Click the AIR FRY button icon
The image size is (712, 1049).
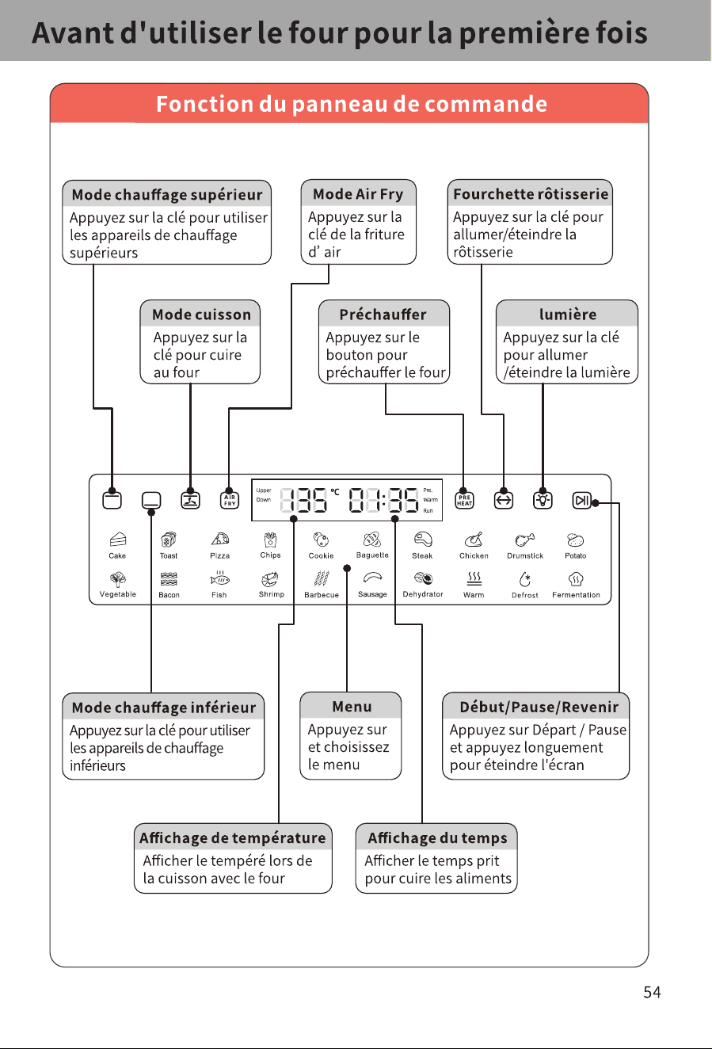230,500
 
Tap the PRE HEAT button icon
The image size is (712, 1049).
464,500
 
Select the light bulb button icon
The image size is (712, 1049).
543,500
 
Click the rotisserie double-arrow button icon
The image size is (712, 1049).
504,500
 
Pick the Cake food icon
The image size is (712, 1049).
117,540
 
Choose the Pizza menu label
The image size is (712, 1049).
219,556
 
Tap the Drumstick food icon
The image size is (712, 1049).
525,540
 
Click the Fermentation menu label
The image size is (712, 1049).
576,595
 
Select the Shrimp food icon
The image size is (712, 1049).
270,579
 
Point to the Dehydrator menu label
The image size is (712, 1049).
423,594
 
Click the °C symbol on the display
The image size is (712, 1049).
335,492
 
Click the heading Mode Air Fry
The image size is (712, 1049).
358,194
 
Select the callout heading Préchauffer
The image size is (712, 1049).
383,315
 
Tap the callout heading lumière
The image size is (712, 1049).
568,315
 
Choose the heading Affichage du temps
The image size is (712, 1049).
437,837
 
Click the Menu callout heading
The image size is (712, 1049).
352,707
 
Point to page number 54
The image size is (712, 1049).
652,992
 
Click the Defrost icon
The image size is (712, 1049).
525,579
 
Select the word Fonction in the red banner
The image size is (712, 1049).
204,104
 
